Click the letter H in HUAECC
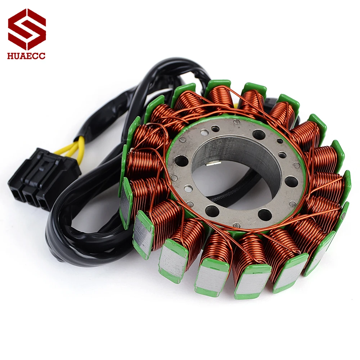10,56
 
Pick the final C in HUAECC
42,56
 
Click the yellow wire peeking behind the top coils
236,105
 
